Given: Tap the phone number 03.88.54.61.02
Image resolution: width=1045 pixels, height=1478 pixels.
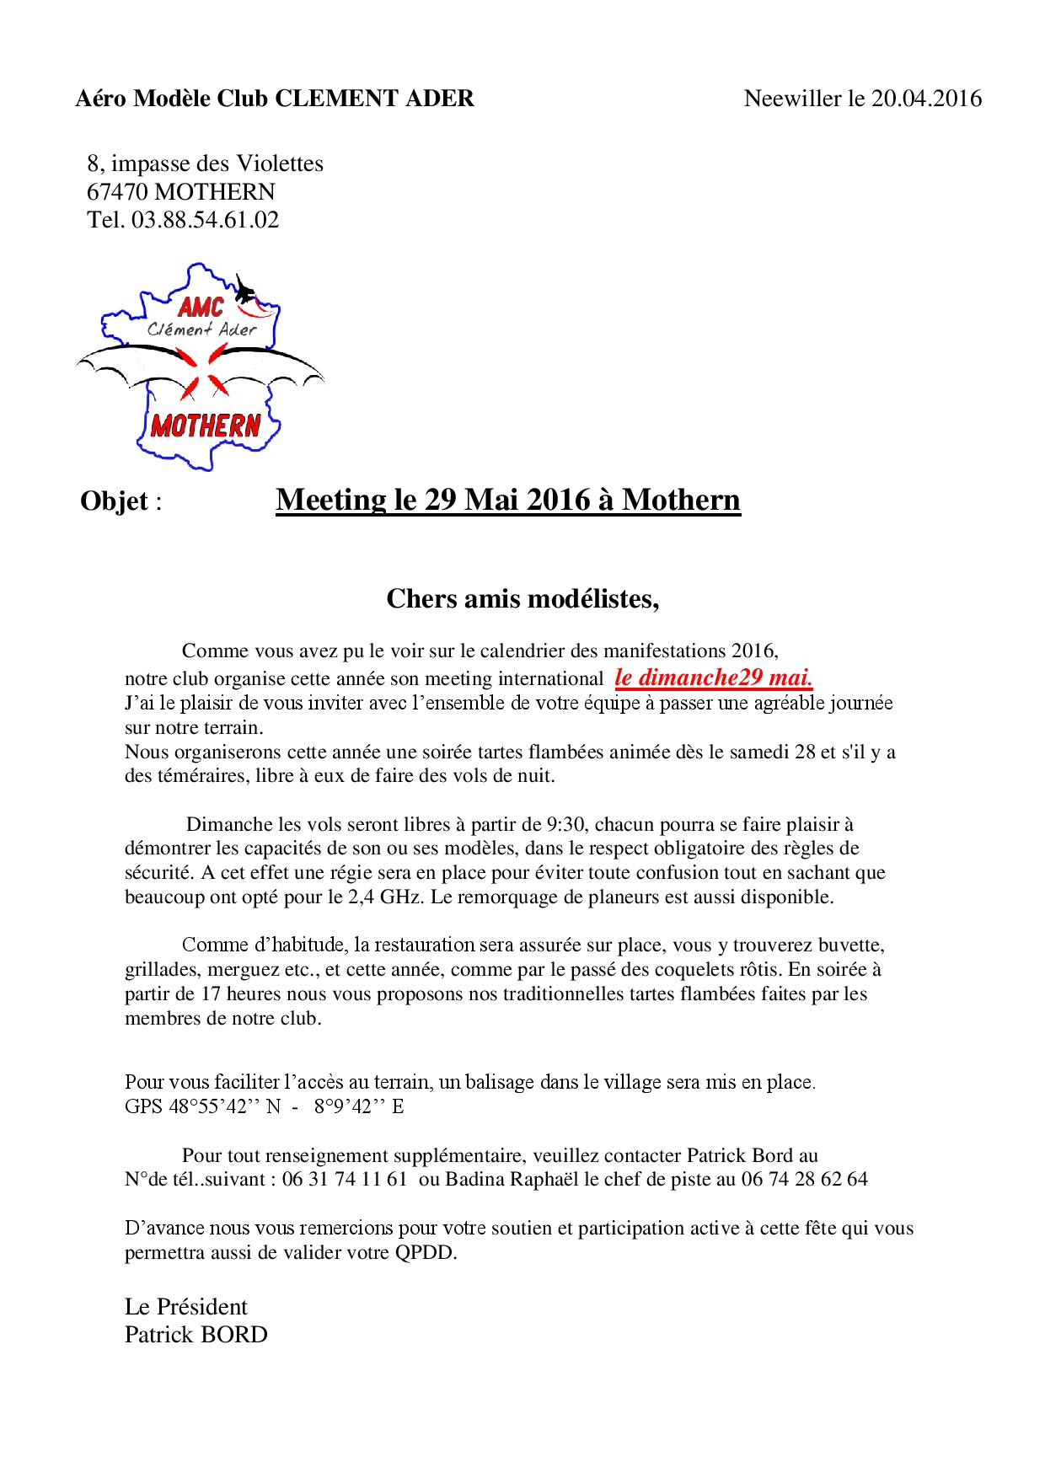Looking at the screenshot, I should pos(205,221).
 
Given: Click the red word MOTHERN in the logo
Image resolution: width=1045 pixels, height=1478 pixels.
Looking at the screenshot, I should pos(205,426).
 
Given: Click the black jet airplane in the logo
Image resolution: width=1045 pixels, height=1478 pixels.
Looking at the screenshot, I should pos(245,292).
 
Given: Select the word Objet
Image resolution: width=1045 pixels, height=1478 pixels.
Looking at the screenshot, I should pos(115,501).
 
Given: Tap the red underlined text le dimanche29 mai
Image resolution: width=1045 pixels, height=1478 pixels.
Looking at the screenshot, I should pos(714,677).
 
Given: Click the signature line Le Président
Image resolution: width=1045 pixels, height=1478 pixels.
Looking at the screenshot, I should pos(186,1307).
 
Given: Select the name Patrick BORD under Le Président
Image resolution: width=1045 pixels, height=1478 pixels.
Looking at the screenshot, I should pos(196,1335).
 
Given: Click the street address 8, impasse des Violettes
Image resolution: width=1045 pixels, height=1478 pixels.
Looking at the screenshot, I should pos(205,163).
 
